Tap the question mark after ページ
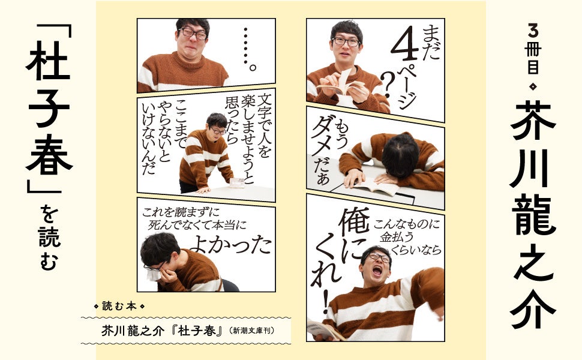386,85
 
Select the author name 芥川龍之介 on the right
532,215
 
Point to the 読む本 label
119,306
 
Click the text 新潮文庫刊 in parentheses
254,331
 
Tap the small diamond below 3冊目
533,87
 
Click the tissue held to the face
153,274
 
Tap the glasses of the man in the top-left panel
193,34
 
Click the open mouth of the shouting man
377,270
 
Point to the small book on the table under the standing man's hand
238,182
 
